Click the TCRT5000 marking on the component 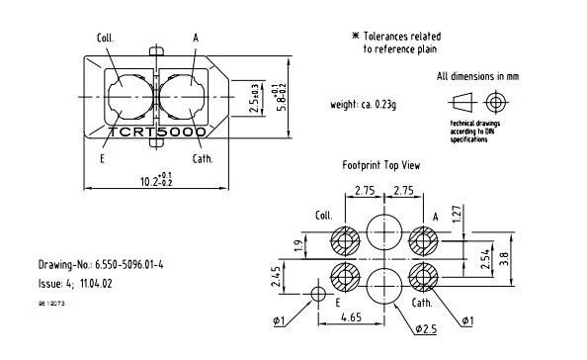(x=157, y=131)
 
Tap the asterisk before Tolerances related (x=356, y=36)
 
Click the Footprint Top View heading (x=381, y=165)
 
